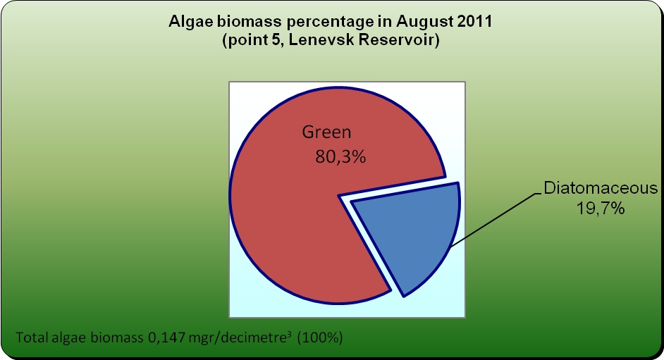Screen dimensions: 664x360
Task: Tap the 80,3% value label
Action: tap(340, 157)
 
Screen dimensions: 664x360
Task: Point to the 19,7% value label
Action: tap(601, 208)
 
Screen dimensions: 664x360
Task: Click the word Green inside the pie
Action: tap(326, 132)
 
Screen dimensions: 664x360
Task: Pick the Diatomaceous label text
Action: tap(601, 188)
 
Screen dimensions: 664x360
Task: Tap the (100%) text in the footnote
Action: tap(320, 337)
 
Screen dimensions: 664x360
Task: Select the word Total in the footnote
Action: tap(32, 337)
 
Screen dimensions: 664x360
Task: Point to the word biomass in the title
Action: tap(250, 21)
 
